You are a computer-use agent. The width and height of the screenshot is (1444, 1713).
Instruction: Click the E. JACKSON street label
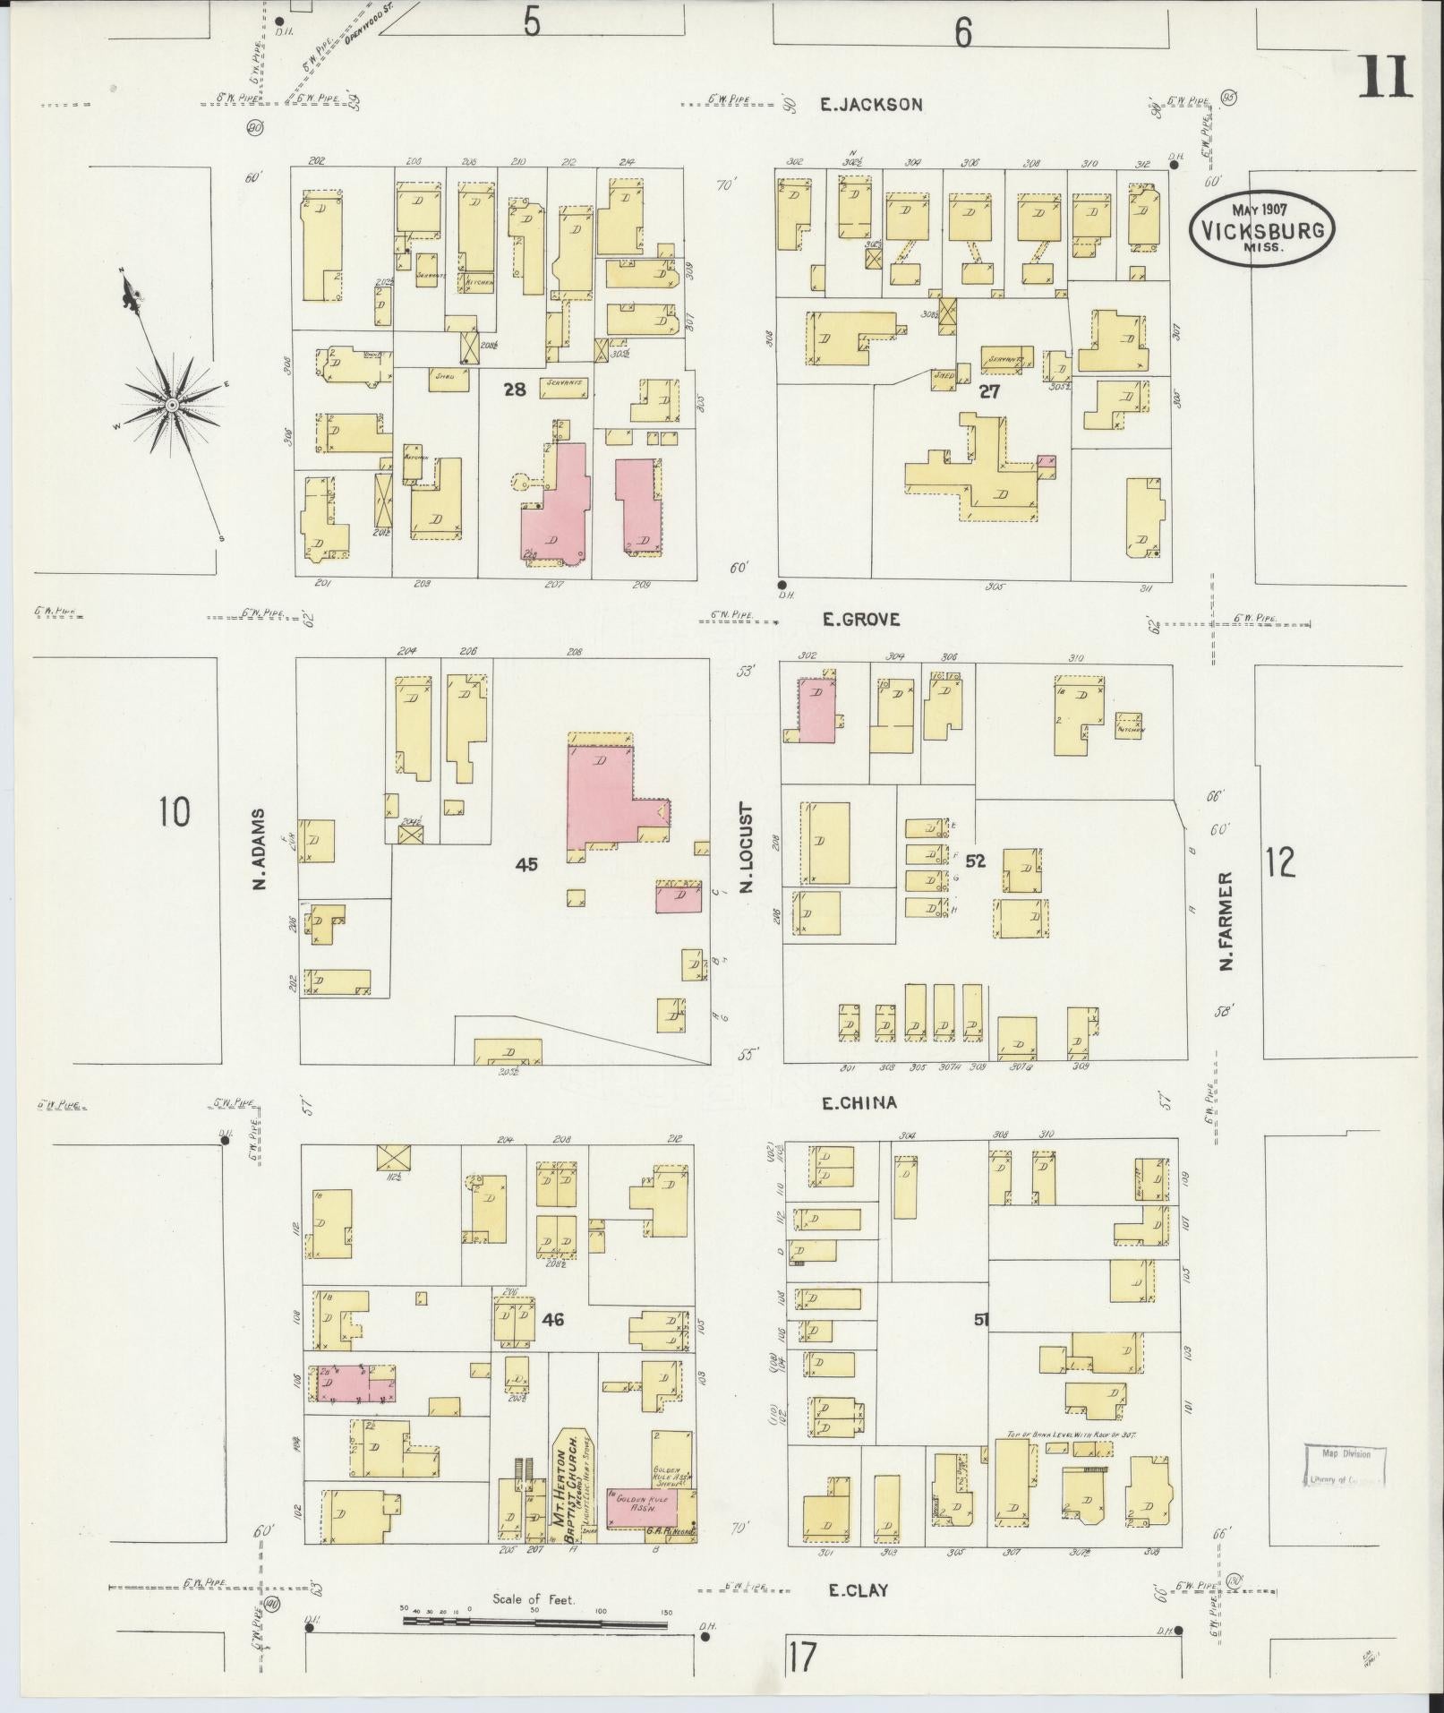click(872, 105)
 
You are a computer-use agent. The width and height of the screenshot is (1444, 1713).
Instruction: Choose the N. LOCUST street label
click(746, 848)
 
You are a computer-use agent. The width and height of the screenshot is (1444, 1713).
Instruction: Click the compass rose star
click(171, 406)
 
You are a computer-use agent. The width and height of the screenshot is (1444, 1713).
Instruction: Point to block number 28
click(515, 390)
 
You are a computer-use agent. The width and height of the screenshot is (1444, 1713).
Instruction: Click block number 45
click(526, 864)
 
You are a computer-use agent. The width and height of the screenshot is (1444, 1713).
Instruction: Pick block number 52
click(976, 861)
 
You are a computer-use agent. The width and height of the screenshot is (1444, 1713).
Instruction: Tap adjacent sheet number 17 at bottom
click(803, 1656)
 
